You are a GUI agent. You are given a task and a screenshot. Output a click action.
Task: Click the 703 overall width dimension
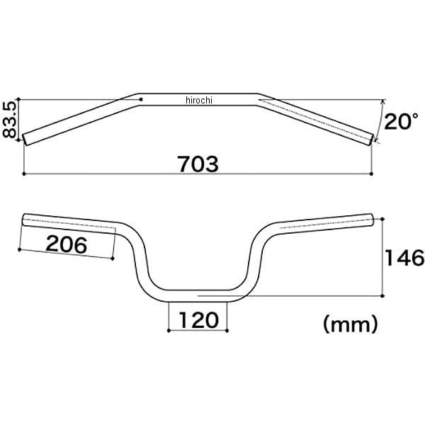pos(198,164)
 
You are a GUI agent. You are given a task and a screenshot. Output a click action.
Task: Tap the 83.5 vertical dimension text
pos(10,120)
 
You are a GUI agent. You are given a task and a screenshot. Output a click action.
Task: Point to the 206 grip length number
pos(67,244)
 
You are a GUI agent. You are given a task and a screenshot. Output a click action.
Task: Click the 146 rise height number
pos(404,257)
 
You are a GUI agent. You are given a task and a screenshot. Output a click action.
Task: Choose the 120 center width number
pos(198,320)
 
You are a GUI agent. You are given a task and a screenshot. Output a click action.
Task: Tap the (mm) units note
pos(350,324)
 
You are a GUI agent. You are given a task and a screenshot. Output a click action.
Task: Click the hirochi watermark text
pos(199,101)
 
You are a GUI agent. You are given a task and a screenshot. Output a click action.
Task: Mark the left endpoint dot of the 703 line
pos(24,174)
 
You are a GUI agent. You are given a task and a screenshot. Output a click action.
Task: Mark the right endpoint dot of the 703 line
pos(371,174)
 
